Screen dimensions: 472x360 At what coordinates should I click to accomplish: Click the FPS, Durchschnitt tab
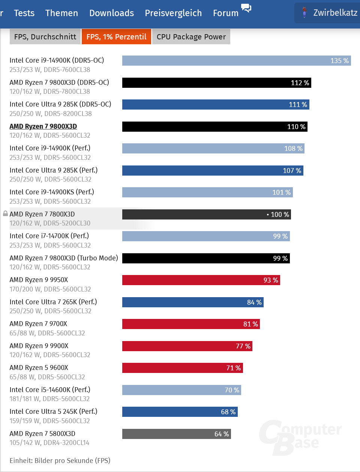coord(45,37)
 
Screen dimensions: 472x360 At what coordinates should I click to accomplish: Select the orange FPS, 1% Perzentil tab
coord(116,37)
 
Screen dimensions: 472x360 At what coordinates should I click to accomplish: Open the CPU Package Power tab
coord(191,37)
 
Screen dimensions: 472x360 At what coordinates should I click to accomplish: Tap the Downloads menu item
coord(111,13)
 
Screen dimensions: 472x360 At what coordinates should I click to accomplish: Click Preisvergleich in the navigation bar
coord(173,13)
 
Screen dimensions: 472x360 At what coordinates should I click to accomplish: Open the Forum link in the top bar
coord(226,13)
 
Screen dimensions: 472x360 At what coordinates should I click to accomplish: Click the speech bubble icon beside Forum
coord(246,8)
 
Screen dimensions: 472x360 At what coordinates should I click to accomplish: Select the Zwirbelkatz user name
coord(335,13)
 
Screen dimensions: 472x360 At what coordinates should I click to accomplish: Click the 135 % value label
coord(339,61)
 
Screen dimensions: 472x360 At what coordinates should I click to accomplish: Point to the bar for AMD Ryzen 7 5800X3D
coord(176,434)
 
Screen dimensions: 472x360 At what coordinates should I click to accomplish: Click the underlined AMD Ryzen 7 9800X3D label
coord(43,126)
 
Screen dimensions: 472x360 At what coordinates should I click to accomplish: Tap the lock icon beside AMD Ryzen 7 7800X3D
coord(5,213)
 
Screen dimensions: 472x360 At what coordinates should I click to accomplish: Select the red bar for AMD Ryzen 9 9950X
coord(201,280)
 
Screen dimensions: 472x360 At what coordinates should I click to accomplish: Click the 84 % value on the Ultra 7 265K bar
coord(254,302)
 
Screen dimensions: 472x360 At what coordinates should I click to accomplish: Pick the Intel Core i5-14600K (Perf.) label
coord(50,389)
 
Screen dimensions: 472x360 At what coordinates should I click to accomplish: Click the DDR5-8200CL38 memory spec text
coord(68,113)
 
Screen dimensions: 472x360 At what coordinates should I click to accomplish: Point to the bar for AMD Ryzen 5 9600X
coord(182,368)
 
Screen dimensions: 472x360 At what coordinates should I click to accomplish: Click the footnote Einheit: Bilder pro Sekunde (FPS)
coord(60,460)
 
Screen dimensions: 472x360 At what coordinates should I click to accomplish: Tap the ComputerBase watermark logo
coord(300,437)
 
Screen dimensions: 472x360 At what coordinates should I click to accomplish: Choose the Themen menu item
coord(61,13)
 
